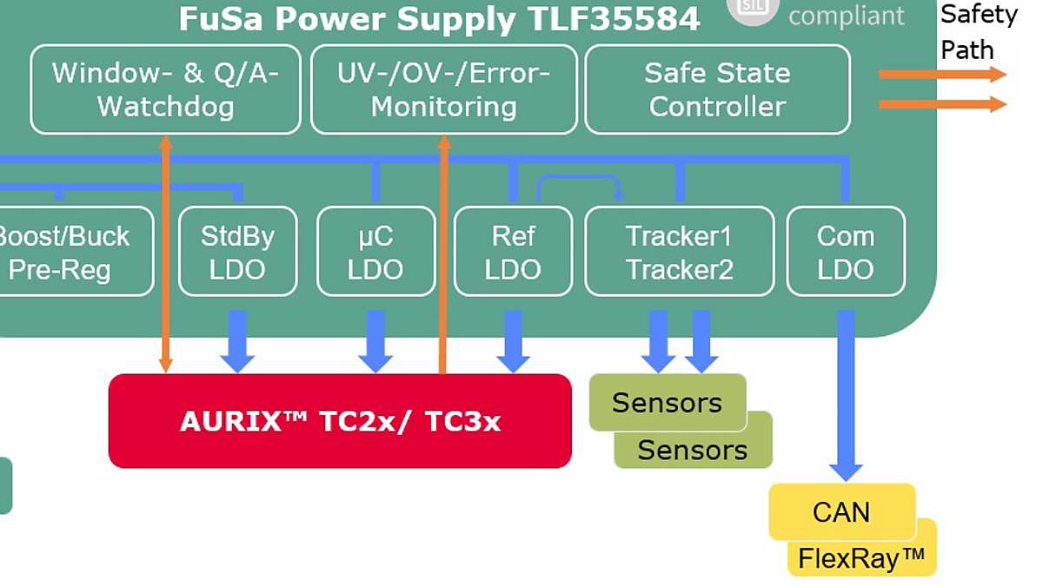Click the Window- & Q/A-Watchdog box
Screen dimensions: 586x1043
(165, 89)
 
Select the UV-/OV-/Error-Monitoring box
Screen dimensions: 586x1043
(443, 89)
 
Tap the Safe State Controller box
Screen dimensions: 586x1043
(717, 89)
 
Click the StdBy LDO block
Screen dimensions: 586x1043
(237, 252)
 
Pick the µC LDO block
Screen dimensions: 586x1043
(375, 252)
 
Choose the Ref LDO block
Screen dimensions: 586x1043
(513, 252)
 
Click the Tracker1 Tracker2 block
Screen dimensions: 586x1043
(679, 252)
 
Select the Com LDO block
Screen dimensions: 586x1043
(845, 252)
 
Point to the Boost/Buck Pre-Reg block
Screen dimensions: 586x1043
(70, 252)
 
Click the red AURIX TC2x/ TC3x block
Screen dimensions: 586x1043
(340, 421)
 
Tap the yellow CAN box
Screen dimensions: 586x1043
(840, 511)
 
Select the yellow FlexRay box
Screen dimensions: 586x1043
(860, 559)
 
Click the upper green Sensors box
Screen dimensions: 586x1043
(667, 403)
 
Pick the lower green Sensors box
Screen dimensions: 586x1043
(693, 451)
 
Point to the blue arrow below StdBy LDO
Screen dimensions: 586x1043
(237, 341)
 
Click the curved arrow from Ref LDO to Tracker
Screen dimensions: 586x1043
(578, 181)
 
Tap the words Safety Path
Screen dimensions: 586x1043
(978, 32)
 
